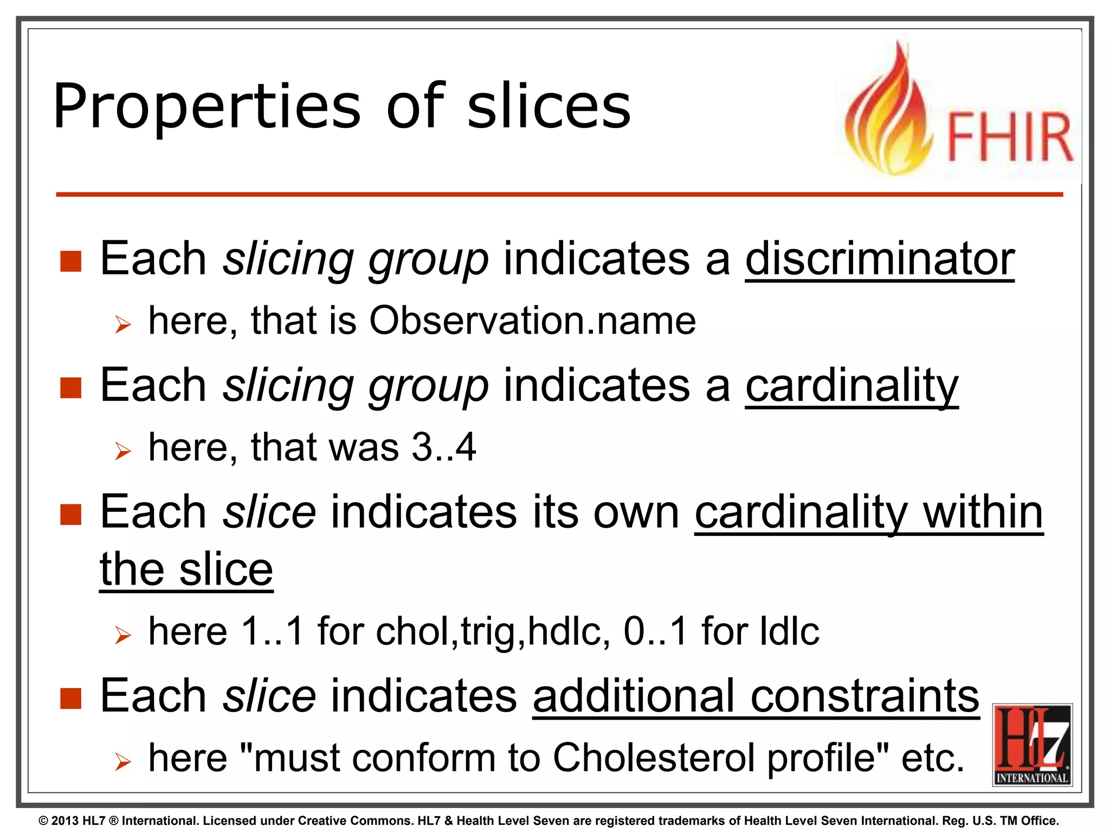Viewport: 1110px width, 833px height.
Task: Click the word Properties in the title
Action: [206, 107]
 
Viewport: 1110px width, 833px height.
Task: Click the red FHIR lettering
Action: [1009, 137]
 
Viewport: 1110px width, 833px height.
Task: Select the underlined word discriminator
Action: [879, 259]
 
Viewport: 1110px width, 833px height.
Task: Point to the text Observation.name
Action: [532, 321]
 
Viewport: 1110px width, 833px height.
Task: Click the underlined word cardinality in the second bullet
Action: [851, 386]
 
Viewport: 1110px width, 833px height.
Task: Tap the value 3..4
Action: [443, 447]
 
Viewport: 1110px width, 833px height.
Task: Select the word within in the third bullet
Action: [982, 512]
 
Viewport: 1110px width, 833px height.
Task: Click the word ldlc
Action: [789, 632]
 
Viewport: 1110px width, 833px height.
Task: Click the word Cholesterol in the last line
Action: [653, 758]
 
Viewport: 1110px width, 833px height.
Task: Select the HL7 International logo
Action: [1032, 744]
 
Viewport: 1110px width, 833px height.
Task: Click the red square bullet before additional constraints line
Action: [71, 699]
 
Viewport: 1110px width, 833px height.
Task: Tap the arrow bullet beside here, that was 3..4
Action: [123, 451]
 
